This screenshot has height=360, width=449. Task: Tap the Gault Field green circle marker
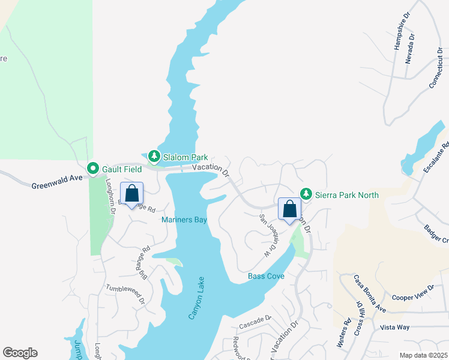(x=93, y=169)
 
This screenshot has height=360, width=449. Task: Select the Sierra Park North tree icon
(x=307, y=194)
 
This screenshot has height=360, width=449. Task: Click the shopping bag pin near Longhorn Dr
(x=132, y=194)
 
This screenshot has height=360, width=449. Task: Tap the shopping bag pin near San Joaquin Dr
(x=289, y=209)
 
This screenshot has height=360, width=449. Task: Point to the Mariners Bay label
(x=184, y=220)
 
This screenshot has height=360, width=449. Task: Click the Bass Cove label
(x=266, y=277)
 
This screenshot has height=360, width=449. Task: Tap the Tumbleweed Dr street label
(x=126, y=294)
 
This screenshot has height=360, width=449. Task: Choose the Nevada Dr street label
(x=411, y=48)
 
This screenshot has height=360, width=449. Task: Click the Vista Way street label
(x=394, y=328)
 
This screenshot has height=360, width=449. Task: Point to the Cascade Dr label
(x=255, y=323)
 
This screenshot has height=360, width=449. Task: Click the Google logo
(x=20, y=353)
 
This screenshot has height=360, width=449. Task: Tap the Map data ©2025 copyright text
(x=423, y=355)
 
